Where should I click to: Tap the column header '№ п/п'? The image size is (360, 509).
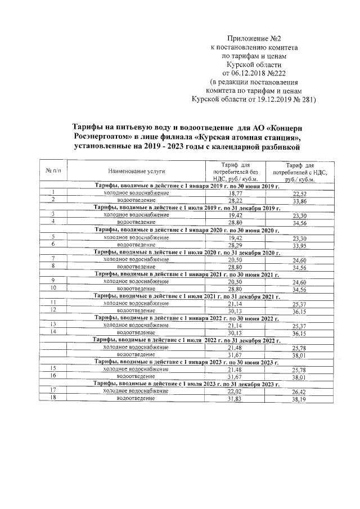pyautogui.click(x=52, y=170)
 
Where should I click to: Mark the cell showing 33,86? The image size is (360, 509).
pyautogui.click(x=302, y=200)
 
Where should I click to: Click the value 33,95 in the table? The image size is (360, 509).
pyautogui.click(x=302, y=244)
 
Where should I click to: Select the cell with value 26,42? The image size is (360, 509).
pyautogui.click(x=301, y=391)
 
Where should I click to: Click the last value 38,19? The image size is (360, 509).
pyautogui.click(x=301, y=399)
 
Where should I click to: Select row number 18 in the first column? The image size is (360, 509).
pyautogui.click(x=53, y=398)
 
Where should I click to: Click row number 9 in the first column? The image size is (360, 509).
pyautogui.click(x=53, y=280)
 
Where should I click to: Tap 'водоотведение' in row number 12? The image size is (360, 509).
pyautogui.click(x=136, y=310)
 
